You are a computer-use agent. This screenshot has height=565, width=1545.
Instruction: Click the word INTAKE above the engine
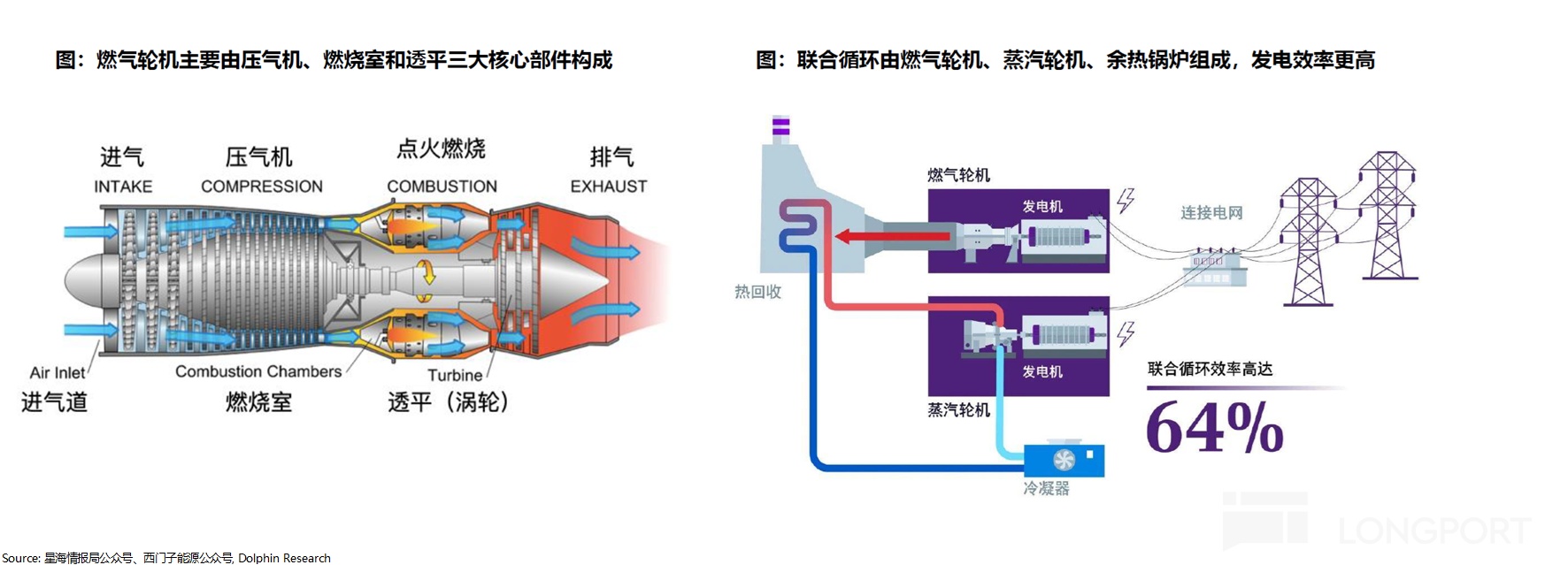click(123, 187)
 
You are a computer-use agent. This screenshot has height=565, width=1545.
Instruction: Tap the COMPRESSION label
click(261, 187)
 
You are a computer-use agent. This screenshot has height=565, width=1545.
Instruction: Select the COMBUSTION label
click(442, 187)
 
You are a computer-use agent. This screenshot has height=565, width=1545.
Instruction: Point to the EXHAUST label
click(608, 187)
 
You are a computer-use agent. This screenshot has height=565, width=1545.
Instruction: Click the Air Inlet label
click(58, 373)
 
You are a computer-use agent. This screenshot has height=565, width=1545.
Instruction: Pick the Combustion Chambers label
click(258, 371)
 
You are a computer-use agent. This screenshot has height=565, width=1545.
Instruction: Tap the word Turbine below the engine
click(455, 375)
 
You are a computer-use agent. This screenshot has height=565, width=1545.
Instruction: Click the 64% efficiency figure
click(1214, 428)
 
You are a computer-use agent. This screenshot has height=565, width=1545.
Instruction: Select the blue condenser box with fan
click(1064, 460)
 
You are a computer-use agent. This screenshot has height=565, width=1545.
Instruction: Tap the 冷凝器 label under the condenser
click(1046, 488)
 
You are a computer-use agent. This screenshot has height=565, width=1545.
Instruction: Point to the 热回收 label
click(757, 292)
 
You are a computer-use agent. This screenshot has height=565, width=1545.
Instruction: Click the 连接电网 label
click(1211, 213)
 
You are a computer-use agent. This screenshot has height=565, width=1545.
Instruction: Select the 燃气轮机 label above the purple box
click(958, 175)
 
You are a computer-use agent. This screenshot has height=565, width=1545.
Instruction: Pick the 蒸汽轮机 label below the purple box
click(958, 410)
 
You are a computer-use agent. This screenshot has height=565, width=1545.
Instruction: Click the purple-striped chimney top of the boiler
click(780, 127)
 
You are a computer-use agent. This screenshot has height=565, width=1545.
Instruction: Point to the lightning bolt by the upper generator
click(1126, 201)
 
